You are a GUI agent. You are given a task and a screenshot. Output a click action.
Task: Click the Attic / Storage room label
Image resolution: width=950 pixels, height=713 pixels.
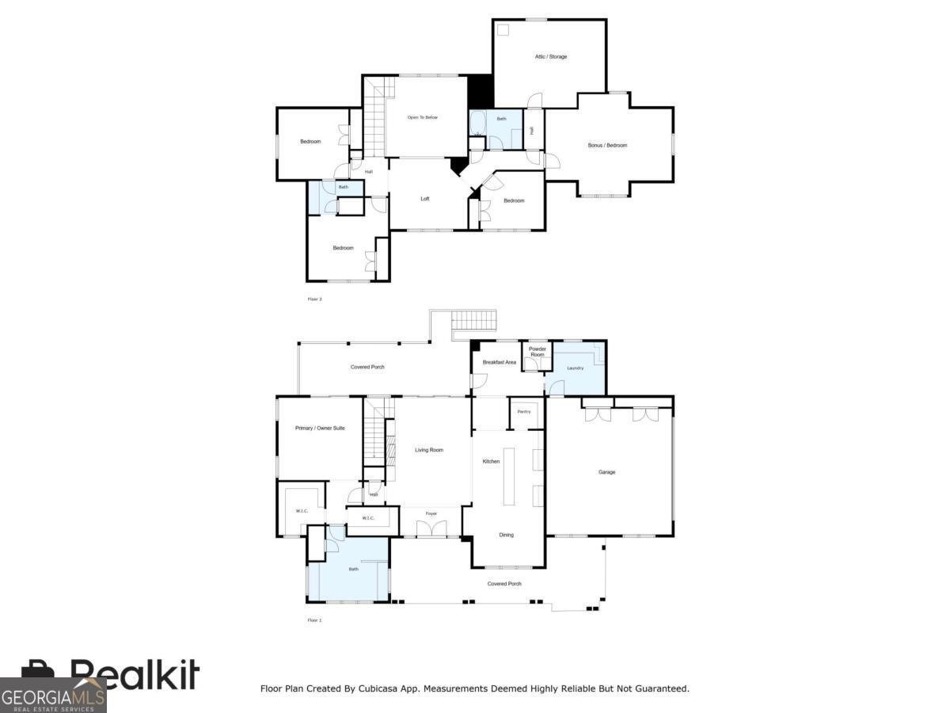pyautogui.click(x=551, y=56)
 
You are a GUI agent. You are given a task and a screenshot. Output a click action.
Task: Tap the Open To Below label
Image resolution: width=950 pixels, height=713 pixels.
pyautogui.click(x=423, y=117)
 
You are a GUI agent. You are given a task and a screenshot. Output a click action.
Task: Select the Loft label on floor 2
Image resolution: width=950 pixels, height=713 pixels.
pyautogui.click(x=425, y=199)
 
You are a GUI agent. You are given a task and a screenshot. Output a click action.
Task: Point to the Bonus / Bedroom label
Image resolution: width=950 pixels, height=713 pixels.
pyautogui.click(x=607, y=145)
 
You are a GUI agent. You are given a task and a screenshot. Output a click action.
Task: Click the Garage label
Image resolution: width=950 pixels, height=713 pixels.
pyautogui.click(x=606, y=472)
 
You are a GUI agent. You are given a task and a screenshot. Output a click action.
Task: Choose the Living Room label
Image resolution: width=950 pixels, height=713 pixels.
pyautogui.click(x=429, y=450)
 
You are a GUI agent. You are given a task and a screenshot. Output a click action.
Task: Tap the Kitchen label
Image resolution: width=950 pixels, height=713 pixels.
pyautogui.click(x=491, y=461)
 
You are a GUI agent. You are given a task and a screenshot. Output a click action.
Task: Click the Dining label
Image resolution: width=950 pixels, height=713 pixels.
pyautogui.click(x=506, y=535)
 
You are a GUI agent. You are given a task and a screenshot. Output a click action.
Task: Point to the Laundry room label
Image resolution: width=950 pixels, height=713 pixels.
pyautogui.click(x=576, y=368)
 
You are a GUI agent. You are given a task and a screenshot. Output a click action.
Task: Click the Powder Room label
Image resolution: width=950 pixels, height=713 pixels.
pyautogui.click(x=538, y=352)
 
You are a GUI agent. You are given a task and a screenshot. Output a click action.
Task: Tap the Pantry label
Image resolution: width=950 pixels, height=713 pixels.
pyautogui.click(x=524, y=412)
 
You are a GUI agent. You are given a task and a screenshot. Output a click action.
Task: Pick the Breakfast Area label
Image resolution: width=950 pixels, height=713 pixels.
pyautogui.click(x=500, y=362)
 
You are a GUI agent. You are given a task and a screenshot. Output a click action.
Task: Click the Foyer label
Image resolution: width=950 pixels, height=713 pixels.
pyautogui.click(x=431, y=513)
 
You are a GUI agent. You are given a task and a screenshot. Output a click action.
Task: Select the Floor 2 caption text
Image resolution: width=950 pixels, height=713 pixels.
pyautogui.click(x=314, y=299)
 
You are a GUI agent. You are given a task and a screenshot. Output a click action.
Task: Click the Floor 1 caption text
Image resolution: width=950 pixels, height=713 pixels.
pyautogui.click(x=314, y=620)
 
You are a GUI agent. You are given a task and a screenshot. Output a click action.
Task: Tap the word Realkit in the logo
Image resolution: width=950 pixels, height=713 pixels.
pyautogui.click(x=135, y=675)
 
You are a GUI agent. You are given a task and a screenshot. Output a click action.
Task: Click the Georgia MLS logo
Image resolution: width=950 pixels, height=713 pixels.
pyautogui.click(x=52, y=696)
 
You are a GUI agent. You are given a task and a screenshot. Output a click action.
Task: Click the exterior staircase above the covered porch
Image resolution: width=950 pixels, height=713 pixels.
pyautogui.click(x=473, y=322)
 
